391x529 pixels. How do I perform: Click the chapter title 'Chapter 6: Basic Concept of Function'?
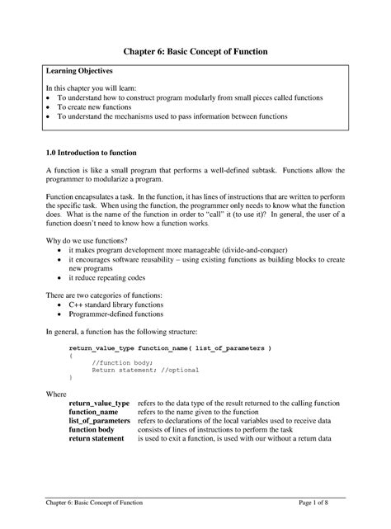[x=195, y=52]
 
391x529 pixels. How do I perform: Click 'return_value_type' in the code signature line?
[x=101, y=348]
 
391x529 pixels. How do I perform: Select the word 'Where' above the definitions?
[x=55, y=394]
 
